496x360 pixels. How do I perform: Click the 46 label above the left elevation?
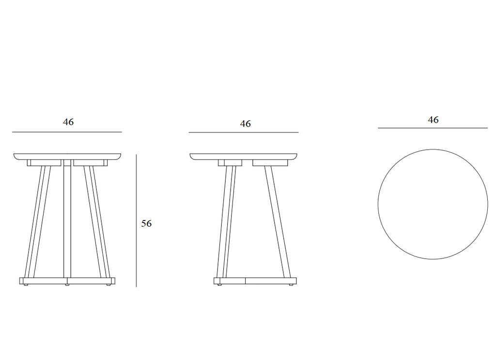68,122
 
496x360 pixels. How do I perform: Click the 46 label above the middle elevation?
246,124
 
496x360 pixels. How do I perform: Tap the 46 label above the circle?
433,120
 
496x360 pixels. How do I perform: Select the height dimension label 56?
146,223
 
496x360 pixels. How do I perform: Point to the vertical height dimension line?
136,221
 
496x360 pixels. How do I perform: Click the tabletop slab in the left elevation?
67,157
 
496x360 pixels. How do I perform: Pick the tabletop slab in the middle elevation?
244,157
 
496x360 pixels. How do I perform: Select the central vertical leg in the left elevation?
67,221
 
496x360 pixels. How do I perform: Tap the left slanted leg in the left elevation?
37,221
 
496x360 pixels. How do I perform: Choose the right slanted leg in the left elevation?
97,221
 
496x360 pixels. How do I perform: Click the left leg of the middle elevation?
226,221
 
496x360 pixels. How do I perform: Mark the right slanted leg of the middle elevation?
278,221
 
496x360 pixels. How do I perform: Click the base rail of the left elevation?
67,281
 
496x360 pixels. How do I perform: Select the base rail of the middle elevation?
255,281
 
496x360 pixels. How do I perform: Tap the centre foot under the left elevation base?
67,285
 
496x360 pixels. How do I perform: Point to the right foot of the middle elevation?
291,285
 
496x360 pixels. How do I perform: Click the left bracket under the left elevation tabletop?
44,163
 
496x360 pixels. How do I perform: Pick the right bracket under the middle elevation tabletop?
270,163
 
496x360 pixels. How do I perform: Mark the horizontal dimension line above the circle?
433,128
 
